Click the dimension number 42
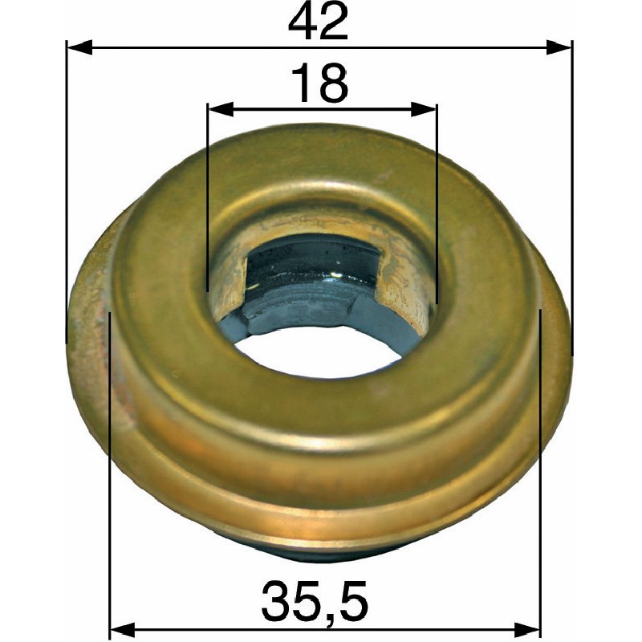tap(318, 22)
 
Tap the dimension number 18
tap(319, 83)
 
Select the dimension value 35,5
tap(315, 599)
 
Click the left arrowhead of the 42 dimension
tap(79, 47)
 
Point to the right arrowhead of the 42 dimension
tap(559, 47)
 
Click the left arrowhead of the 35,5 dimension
tap(123, 630)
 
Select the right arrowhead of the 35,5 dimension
tap(527, 630)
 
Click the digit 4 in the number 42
tap(303, 22)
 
